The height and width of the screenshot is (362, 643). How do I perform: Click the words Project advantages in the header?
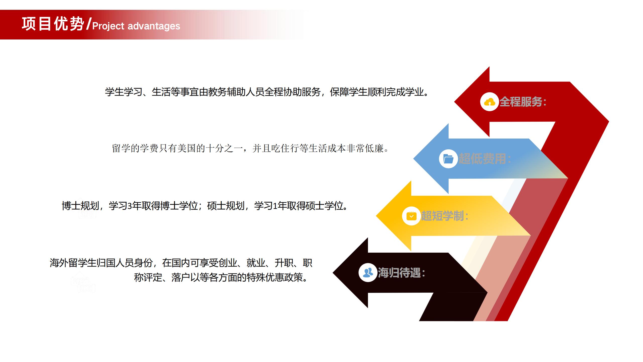(x=136, y=26)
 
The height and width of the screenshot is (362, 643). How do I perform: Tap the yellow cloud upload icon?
(x=489, y=102)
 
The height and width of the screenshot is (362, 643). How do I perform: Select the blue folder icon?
(x=448, y=159)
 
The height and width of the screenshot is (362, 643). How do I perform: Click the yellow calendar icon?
(x=411, y=216)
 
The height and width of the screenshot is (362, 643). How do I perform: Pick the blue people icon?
(x=368, y=273)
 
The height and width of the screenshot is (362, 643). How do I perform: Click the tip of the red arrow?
(x=454, y=102)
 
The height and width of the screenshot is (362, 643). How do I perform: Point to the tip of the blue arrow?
(x=413, y=159)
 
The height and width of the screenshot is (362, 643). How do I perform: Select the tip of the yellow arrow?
(x=376, y=216)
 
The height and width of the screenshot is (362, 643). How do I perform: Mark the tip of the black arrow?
(x=333, y=273)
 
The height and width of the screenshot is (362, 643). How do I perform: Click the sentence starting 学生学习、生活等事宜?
(x=267, y=92)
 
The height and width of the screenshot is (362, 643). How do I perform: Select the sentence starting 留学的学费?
(x=250, y=148)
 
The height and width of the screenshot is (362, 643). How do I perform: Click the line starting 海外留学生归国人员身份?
(x=181, y=263)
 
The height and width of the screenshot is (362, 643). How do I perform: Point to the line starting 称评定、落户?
(x=221, y=278)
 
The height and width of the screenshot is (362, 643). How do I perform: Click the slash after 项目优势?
(x=88, y=24)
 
